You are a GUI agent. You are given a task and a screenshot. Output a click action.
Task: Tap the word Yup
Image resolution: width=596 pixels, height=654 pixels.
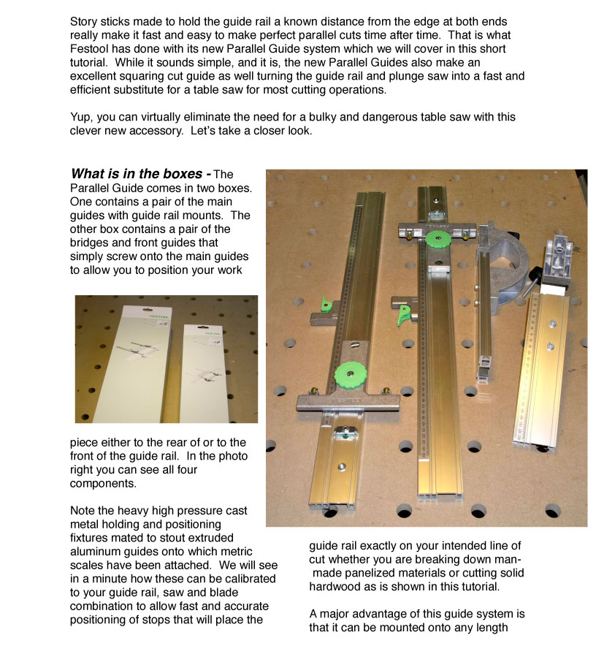click(82, 117)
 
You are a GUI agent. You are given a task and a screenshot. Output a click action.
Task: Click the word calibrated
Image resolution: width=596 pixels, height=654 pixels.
click(245, 578)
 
